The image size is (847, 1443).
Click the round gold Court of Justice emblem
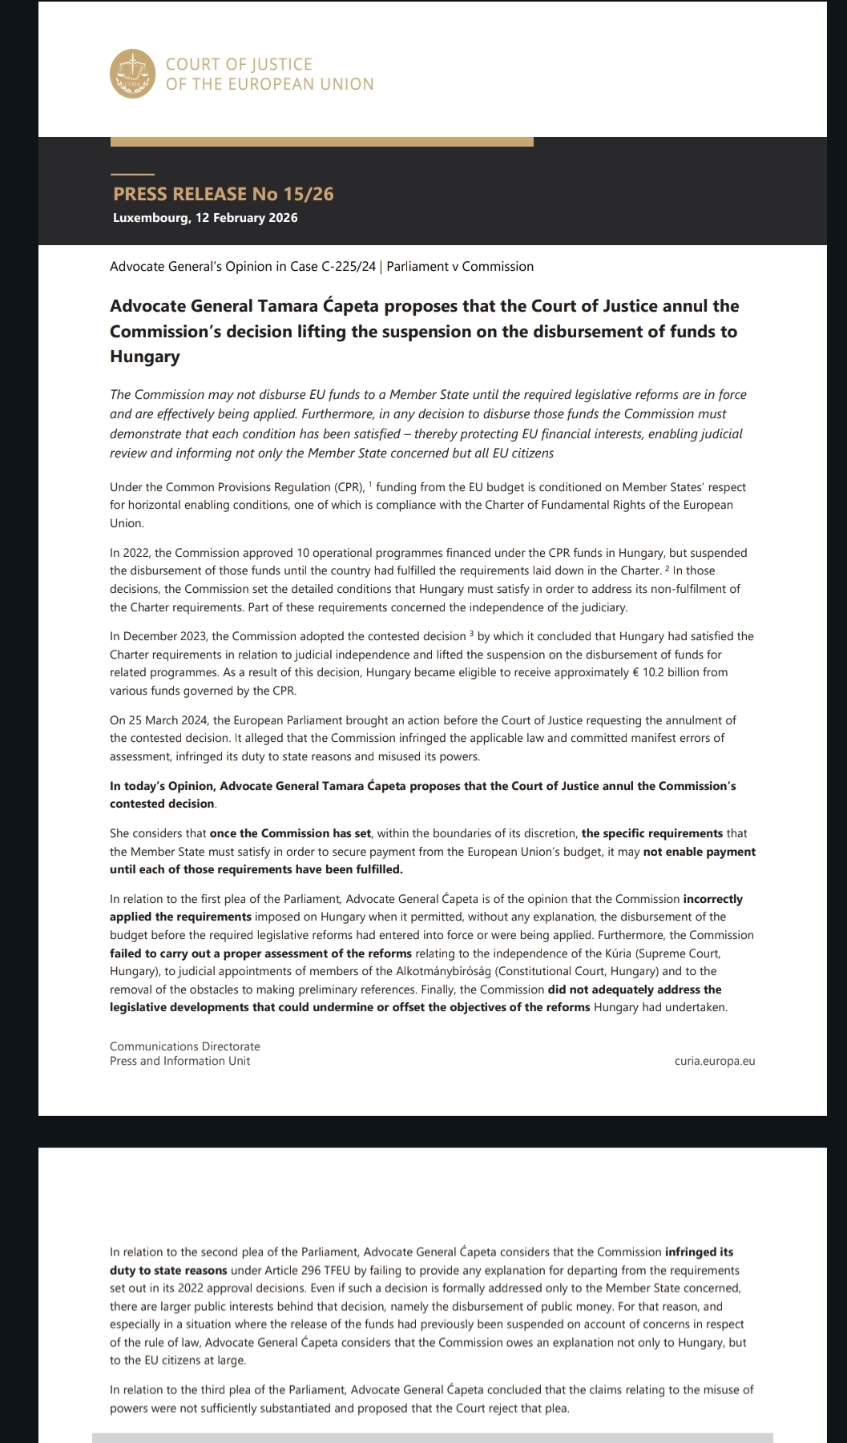[x=132, y=74]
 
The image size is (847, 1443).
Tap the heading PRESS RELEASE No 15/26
[x=223, y=194]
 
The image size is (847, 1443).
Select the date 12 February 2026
[x=246, y=218]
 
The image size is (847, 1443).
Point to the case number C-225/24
[x=349, y=267]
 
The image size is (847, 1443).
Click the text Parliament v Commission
[x=460, y=267]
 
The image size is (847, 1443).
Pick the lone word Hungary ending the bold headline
[x=144, y=357]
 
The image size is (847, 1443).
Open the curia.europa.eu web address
[x=715, y=1061]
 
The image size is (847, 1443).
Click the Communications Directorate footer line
[x=184, y=1046]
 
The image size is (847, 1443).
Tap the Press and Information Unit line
[x=179, y=1061]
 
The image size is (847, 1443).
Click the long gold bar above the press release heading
[x=321, y=142]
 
